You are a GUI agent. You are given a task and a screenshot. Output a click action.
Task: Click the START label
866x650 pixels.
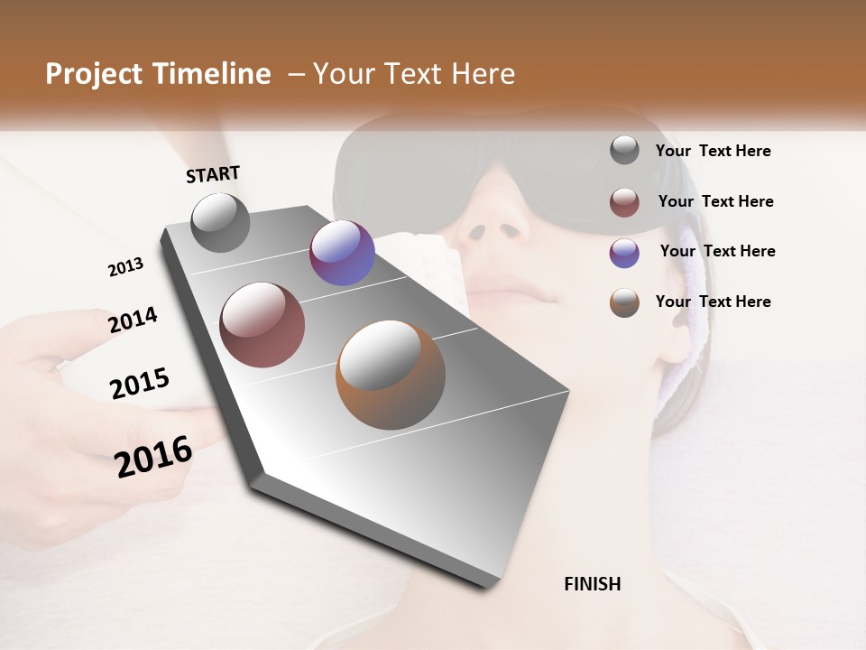(x=213, y=174)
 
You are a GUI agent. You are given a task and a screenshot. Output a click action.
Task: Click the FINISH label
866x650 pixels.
(x=592, y=584)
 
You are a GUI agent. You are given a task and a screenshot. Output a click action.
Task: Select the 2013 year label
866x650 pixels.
(x=125, y=267)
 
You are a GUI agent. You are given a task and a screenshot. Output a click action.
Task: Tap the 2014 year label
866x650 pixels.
(x=133, y=320)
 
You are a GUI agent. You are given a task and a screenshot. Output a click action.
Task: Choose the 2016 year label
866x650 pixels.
(x=153, y=456)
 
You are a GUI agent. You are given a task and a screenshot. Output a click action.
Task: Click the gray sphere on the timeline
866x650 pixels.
(x=221, y=222)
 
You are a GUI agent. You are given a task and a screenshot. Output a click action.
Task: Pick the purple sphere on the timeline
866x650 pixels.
(x=342, y=253)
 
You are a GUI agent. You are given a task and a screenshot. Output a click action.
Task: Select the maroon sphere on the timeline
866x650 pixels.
(x=262, y=325)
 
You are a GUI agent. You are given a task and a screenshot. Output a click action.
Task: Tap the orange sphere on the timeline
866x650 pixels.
(x=391, y=375)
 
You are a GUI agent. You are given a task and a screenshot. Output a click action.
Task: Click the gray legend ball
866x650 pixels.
(x=624, y=150)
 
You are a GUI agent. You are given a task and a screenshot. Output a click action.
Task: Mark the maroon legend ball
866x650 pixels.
(x=624, y=202)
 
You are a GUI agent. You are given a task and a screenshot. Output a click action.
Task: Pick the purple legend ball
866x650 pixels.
(x=624, y=252)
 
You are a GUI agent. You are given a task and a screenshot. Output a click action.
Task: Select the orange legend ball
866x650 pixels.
(x=624, y=302)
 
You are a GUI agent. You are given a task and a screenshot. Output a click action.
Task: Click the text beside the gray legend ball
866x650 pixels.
(x=713, y=151)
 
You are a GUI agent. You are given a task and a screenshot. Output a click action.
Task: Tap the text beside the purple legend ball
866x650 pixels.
(x=717, y=251)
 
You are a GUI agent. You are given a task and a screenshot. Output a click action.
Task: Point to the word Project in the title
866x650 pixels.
(x=94, y=74)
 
